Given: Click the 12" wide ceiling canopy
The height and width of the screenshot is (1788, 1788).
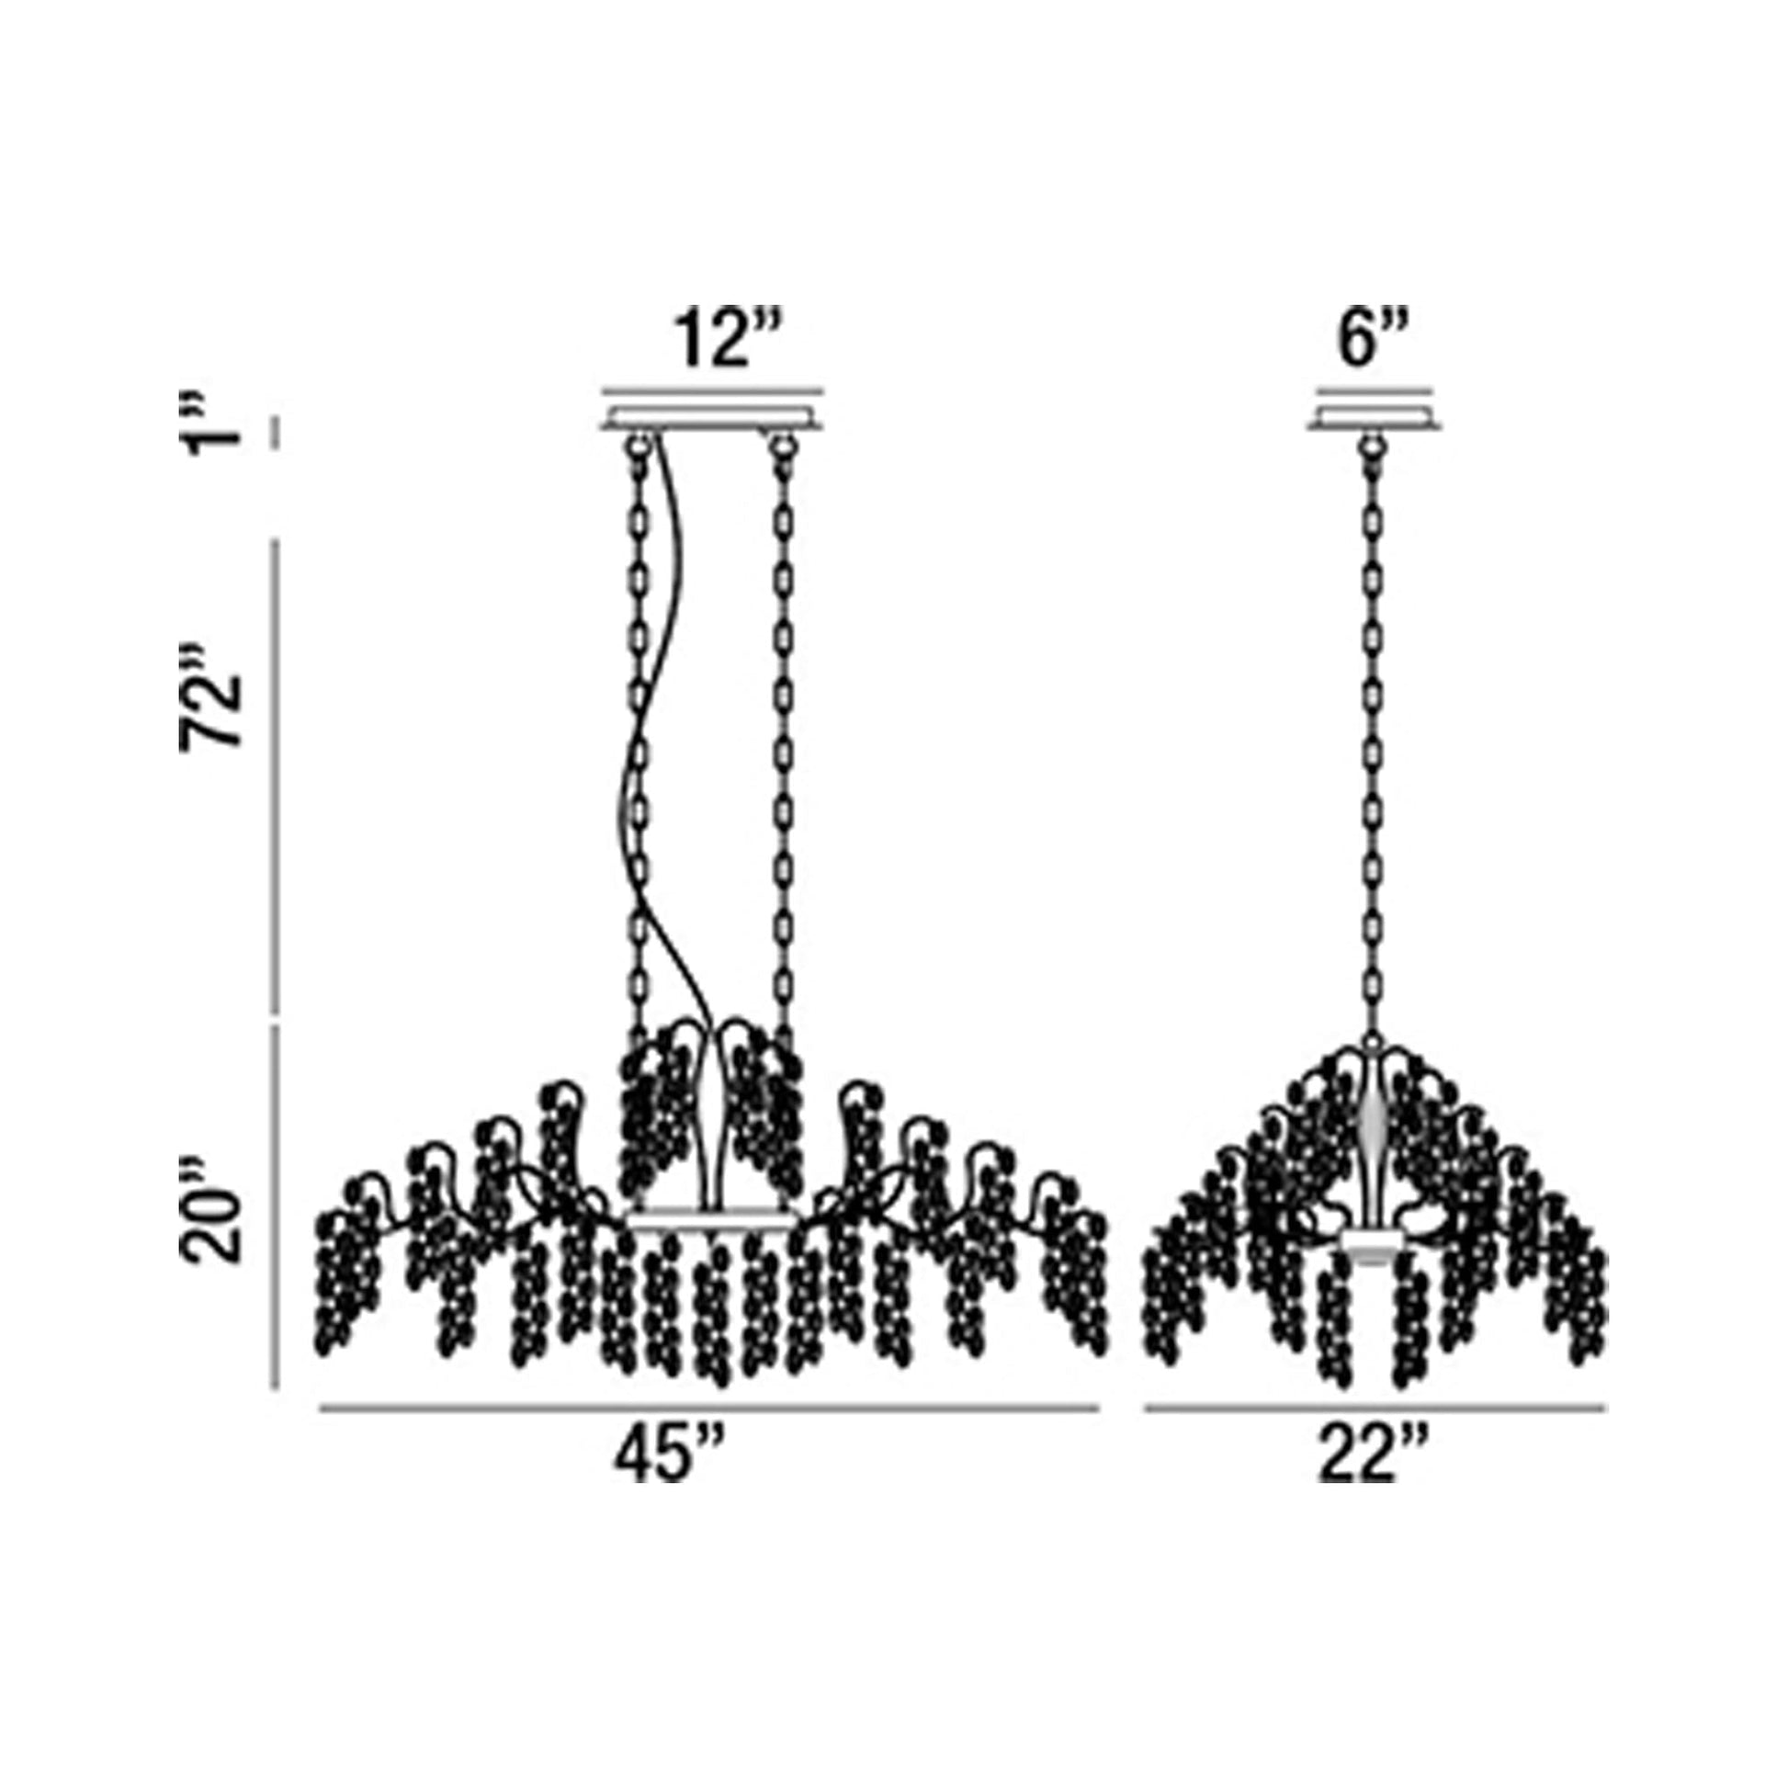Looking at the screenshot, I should pos(712,418).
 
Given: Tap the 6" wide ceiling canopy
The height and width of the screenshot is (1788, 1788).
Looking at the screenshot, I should pos(1375,418).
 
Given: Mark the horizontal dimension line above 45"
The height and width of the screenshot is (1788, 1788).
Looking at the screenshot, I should pos(709,1409).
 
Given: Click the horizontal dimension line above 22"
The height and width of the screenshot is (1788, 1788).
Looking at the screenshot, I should pos(1375,1409).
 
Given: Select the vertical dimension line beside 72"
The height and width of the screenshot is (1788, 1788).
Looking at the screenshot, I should pos(275,777).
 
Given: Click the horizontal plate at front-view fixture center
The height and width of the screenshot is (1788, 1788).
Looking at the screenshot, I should pos(713,1222).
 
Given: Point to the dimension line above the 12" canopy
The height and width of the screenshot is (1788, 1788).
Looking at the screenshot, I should pos(712,390).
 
